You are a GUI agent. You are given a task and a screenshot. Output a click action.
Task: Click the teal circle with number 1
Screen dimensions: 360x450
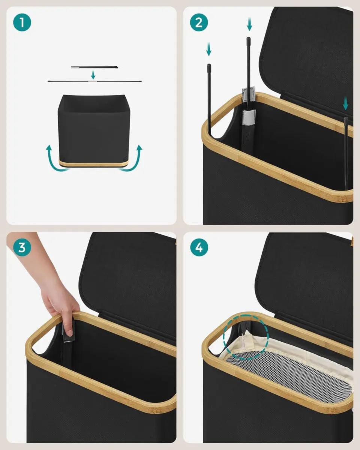pyautogui.click(x=22, y=22)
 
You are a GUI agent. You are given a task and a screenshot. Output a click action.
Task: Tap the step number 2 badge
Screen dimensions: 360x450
pyautogui.click(x=199, y=22)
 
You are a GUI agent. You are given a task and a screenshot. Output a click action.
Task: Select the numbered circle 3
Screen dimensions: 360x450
pyautogui.click(x=22, y=247)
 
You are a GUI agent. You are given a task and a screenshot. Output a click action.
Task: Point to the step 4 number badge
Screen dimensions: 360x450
pyautogui.click(x=199, y=247)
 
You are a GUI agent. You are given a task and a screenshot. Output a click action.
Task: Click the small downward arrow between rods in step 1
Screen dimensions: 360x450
pyautogui.click(x=93, y=75)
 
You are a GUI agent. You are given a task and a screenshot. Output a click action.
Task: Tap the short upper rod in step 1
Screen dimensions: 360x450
pyautogui.click(x=94, y=67)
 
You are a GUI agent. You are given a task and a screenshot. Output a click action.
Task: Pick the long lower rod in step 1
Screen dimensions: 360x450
pyautogui.click(x=94, y=81)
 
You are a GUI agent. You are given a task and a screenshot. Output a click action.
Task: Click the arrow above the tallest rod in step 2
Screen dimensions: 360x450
pyautogui.click(x=249, y=24)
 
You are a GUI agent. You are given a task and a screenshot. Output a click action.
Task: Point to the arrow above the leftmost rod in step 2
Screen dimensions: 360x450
pyautogui.click(x=209, y=49)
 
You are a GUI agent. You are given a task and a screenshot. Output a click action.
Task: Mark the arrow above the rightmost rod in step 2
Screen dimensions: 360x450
pyautogui.click(x=345, y=103)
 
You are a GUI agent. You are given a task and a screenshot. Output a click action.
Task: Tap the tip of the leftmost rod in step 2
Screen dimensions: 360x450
pyautogui.click(x=209, y=65)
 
